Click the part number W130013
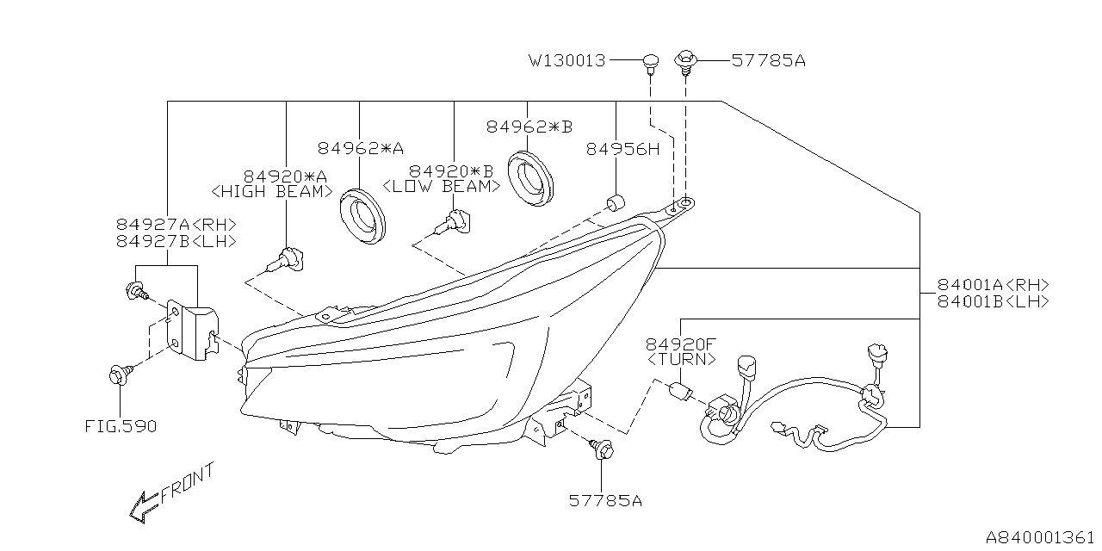tap(567, 61)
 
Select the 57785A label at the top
tap(769, 61)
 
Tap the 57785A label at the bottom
tap(605, 499)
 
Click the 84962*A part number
tap(360, 148)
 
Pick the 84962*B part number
tap(529, 127)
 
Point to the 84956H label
tap(622, 148)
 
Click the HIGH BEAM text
tap(272, 191)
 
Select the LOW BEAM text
tap(441, 186)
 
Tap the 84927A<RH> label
tap(176, 225)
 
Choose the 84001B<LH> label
tap(994, 301)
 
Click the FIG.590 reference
tap(121, 426)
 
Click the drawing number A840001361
tap(1039, 537)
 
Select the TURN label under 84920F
tap(680, 359)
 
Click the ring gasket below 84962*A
tap(362, 212)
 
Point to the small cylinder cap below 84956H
tap(616, 204)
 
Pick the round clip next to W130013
tap(650, 61)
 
